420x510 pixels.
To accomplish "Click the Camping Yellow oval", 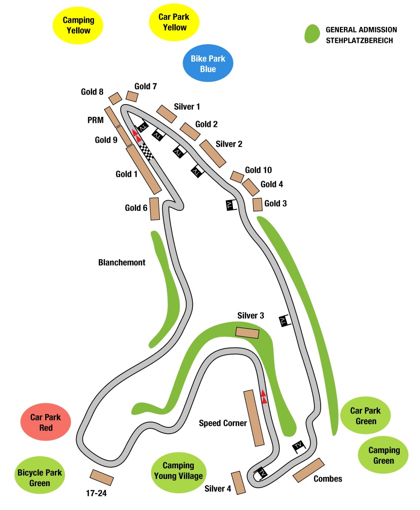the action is pos(78,25).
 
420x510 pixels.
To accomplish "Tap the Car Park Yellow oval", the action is pos(174,22).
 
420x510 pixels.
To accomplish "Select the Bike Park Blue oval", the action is pos(208,63).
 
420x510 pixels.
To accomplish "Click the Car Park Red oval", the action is pos(46,422).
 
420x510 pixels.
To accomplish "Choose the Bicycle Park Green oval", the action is pos(40,475).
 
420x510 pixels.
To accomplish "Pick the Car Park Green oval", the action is pos(365,416).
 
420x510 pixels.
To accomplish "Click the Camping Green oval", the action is pos(383,455).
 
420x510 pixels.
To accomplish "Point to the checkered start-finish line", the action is pos(147,151).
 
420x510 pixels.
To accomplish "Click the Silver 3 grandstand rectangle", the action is pos(247,333).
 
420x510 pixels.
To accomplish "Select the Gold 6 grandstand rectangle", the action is pos(154,209).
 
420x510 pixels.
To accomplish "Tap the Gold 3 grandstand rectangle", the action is pos(258,205).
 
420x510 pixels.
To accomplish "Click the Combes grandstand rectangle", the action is pos(308,470).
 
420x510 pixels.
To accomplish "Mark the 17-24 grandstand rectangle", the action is pos(101,477).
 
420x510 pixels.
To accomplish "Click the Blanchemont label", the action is pos(122,263).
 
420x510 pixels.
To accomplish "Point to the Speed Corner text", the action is pos(223,423).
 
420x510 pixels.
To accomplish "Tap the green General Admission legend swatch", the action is pos(312,34).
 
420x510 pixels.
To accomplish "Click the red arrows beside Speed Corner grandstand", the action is pos(264,397).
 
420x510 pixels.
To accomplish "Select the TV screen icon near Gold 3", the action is pos(231,205).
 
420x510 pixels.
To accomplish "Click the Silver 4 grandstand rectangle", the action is pos(238,483).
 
